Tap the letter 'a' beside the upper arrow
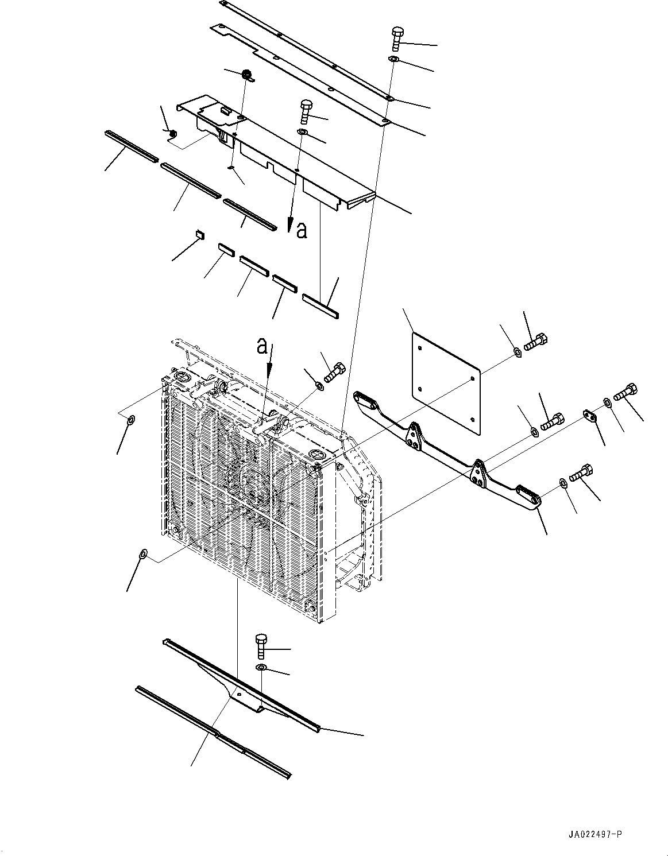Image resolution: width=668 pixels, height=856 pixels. point(302,230)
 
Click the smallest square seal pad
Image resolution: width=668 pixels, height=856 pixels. point(199,233)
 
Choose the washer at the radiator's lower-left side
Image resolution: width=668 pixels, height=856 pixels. point(143,553)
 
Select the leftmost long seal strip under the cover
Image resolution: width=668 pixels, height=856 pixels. point(132,145)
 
